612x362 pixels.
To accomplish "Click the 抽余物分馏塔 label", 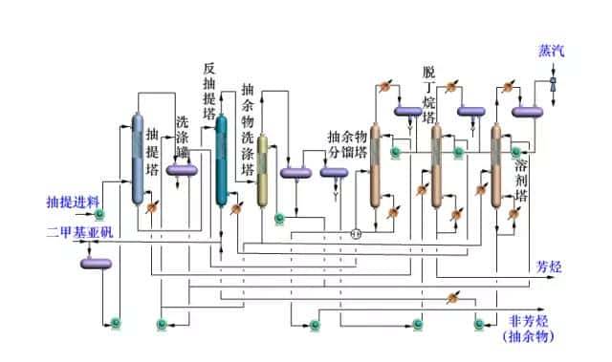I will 346,143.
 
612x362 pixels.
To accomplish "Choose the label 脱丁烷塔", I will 428,96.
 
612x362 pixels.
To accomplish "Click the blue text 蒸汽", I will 552,50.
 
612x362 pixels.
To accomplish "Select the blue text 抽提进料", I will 71,202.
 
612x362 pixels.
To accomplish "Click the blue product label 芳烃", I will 548,266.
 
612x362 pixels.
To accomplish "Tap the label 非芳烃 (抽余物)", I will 528,328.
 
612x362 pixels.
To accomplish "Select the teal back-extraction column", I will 222,160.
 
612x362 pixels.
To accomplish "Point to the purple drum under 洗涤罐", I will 182,170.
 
